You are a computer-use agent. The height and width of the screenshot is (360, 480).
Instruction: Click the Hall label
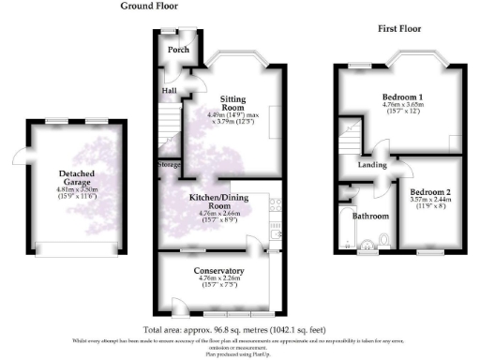click(x=169, y=91)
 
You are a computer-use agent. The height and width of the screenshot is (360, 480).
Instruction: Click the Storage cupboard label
click(x=170, y=165)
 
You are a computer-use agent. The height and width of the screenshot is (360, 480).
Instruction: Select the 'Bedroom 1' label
click(x=402, y=97)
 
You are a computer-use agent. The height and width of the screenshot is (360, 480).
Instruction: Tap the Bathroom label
click(x=370, y=217)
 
